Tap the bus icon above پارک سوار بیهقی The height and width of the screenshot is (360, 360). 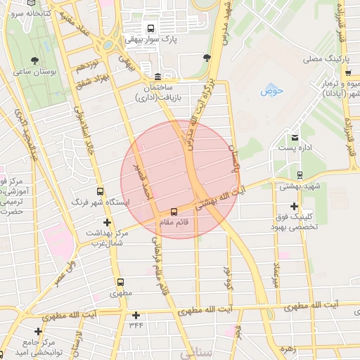pyautogui.click(x=150, y=28)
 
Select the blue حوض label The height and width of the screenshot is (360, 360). pyautogui.click(x=271, y=91)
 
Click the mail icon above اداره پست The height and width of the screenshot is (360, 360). pyautogui.click(x=295, y=136)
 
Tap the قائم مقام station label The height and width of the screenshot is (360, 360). pyautogui.click(x=173, y=221)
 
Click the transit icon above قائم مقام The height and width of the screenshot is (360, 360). pyautogui.click(x=173, y=211)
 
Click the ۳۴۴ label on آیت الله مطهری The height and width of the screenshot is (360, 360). pyautogui.click(x=136, y=326)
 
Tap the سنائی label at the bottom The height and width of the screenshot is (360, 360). pyautogui.click(x=196, y=354)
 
